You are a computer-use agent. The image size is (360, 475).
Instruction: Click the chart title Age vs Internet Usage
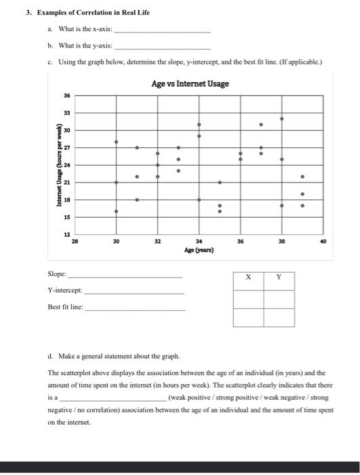(x=191, y=83)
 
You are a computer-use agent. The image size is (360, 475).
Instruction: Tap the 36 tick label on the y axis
(x=67, y=96)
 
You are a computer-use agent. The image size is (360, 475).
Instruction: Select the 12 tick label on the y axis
(x=67, y=234)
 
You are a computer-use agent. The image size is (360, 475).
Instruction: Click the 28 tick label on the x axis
(x=75, y=241)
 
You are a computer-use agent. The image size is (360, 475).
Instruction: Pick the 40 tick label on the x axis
(x=323, y=241)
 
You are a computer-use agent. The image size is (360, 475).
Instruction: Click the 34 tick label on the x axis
(x=199, y=241)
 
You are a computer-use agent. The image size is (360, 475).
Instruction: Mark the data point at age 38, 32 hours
(x=282, y=118)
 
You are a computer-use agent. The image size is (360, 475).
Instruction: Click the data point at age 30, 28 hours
(x=116, y=142)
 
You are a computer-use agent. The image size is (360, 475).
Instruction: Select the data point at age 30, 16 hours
(x=116, y=211)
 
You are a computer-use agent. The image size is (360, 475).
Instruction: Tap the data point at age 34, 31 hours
(x=199, y=125)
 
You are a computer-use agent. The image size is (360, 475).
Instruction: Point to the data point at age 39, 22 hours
(x=302, y=176)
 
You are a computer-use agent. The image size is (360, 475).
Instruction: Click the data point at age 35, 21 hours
(x=220, y=183)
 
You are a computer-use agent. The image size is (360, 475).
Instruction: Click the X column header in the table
(x=248, y=276)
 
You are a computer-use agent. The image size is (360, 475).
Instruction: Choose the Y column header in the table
(x=279, y=276)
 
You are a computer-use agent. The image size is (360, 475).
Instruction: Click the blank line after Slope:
(x=125, y=277)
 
